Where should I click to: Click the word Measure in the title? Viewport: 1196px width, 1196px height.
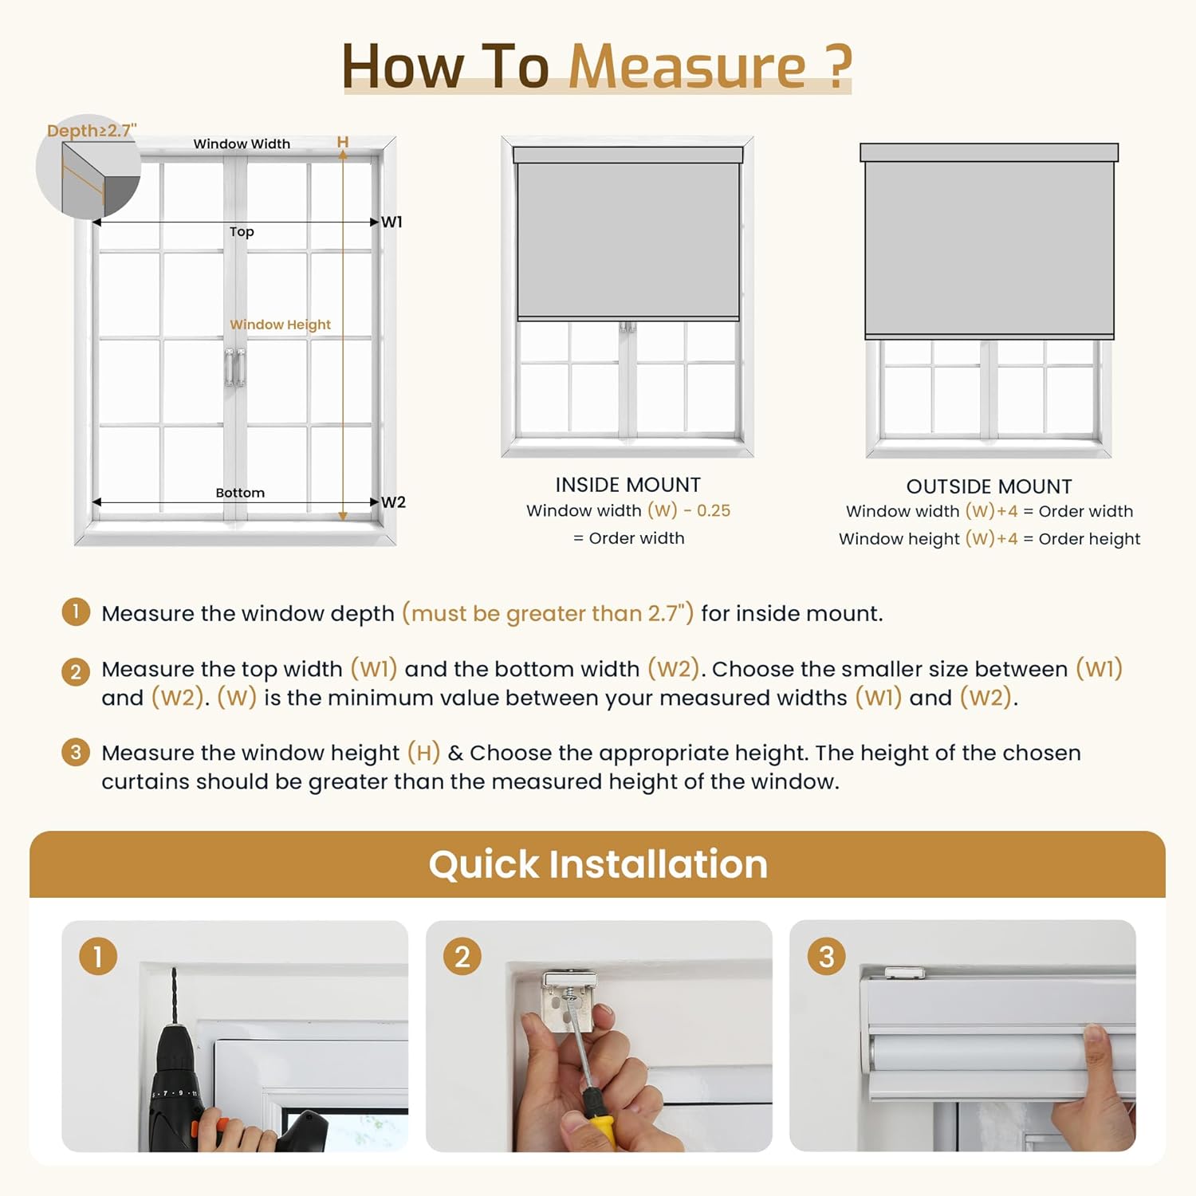click(687, 66)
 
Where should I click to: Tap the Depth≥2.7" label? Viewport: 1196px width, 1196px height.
click(92, 131)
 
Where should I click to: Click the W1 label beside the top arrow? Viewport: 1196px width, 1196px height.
click(391, 222)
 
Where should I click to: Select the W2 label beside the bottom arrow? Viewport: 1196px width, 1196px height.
click(393, 502)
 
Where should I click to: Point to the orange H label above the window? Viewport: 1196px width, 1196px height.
click(343, 142)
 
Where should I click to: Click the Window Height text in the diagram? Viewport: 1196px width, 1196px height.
click(280, 325)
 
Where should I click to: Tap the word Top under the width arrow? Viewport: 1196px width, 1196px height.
click(242, 232)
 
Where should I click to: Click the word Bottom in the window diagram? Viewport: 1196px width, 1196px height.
click(240, 493)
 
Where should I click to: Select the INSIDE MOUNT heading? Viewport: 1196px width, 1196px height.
click(628, 485)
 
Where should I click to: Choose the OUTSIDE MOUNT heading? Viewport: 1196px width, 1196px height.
click(989, 486)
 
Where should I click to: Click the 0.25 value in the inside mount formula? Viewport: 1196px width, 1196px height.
click(713, 511)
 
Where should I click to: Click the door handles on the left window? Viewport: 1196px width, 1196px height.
click(234, 368)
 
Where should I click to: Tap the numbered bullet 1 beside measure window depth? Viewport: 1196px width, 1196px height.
click(76, 612)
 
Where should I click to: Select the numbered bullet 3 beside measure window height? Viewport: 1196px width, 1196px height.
click(76, 752)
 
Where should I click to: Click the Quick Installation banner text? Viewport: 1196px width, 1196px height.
click(598, 864)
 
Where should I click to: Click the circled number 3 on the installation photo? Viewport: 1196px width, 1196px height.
click(826, 957)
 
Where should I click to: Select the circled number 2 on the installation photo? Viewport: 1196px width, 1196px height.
click(462, 957)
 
